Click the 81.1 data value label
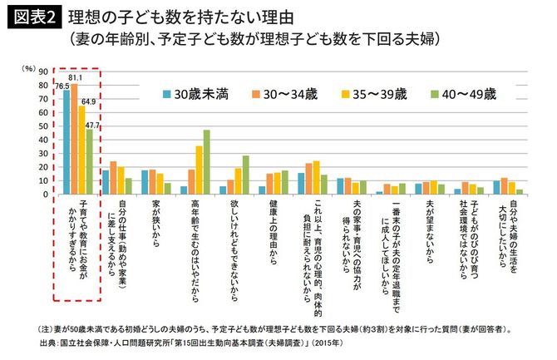click(x=75, y=77)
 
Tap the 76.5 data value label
click(x=62, y=86)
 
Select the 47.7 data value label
click(x=93, y=125)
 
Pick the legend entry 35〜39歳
click(x=372, y=95)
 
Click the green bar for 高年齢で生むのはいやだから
click(x=206, y=161)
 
